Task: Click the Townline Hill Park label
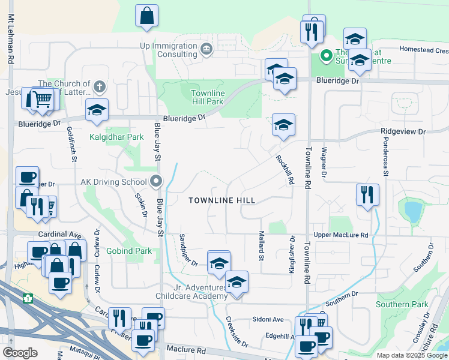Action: (208, 98)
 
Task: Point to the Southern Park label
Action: (402, 305)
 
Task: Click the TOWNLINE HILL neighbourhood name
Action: (221, 200)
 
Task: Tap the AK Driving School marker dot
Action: (157, 181)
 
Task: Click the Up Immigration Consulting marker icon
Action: (207, 49)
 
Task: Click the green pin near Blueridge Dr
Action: (327, 56)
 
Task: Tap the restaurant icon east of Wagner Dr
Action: (367, 194)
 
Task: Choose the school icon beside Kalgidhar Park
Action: (97, 110)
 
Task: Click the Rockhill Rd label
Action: (285, 169)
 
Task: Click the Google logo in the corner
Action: (20, 352)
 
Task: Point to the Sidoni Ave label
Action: (267, 319)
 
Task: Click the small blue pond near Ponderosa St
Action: (413, 211)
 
